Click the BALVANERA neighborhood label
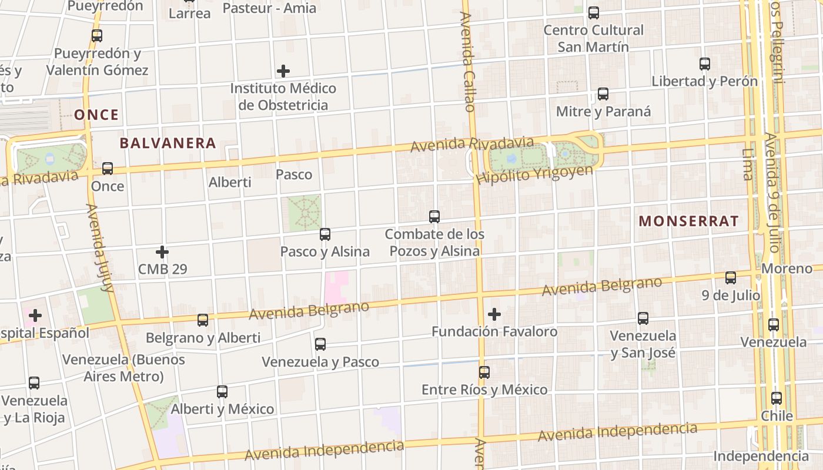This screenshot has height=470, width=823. [x=168, y=143]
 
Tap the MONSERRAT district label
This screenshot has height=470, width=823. [x=688, y=221]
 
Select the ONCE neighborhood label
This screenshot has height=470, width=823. [x=96, y=115]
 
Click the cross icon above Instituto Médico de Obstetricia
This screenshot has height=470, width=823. [x=283, y=71]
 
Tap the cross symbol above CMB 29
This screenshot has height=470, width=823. [x=162, y=252]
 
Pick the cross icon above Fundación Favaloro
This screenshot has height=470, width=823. [x=494, y=314]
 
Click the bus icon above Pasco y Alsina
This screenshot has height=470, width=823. [x=325, y=234]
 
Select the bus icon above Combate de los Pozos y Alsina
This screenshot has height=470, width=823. [x=434, y=217]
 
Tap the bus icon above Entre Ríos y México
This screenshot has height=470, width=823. [x=484, y=372]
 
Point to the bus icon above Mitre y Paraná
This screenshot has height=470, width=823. [x=603, y=93]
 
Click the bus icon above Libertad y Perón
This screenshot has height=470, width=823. [x=705, y=64]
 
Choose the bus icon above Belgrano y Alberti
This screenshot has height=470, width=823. [x=203, y=320]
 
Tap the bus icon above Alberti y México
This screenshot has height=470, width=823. [x=222, y=391]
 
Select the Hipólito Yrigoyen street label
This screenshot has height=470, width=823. [x=534, y=174]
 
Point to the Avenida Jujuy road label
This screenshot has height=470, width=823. [x=99, y=248]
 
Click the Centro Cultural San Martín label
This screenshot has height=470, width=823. [x=593, y=38]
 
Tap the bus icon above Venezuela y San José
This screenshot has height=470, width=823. [x=643, y=318]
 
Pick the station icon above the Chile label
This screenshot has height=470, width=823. [x=777, y=398]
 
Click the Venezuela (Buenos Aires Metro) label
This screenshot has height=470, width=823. [x=123, y=368]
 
